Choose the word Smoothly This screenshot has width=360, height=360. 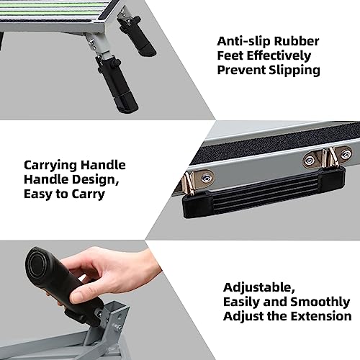click(310, 301)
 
